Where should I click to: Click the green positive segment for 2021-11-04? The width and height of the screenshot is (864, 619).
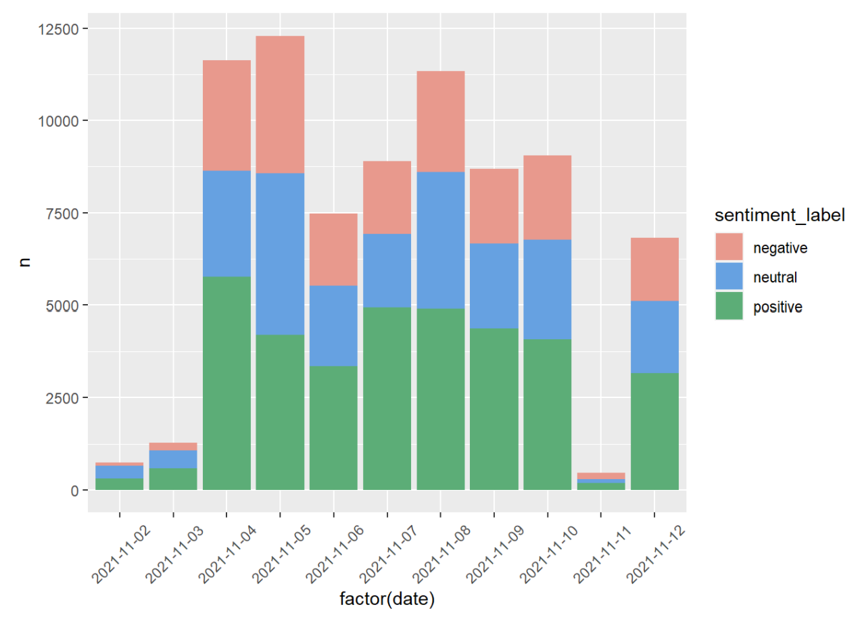click(226, 382)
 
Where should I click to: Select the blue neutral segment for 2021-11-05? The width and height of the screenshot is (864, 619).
click(280, 253)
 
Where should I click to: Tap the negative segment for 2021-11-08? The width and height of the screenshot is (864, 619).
click(440, 121)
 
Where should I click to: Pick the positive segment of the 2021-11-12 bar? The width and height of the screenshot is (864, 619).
click(654, 430)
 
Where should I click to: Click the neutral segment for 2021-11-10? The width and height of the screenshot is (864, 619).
click(547, 289)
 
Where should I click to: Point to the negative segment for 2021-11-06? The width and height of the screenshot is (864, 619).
click(333, 249)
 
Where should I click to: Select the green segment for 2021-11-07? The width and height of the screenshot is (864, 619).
click(387, 398)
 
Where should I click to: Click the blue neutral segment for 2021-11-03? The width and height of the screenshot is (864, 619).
click(173, 459)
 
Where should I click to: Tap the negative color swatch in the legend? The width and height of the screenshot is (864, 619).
click(729, 247)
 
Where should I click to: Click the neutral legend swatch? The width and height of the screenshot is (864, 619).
click(729, 277)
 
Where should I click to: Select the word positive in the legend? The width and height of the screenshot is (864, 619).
click(777, 307)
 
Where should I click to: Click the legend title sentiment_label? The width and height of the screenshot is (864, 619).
click(781, 216)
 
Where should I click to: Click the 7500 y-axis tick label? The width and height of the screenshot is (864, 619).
click(64, 213)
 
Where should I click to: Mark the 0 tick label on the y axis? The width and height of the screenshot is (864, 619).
click(75, 490)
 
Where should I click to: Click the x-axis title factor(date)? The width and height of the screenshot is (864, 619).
click(387, 599)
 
